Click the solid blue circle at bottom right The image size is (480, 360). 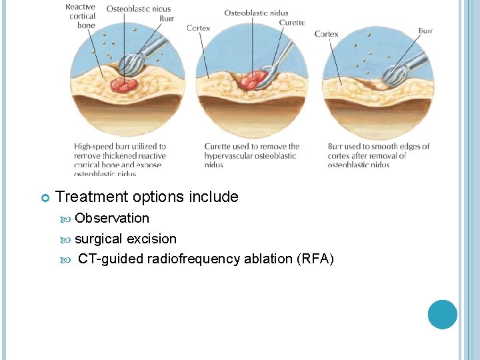pyautogui.click(x=443, y=314)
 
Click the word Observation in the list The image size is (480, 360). pyautogui.click(x=112, y=218)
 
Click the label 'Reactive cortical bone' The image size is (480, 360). pyautogui.click(x=81, y=16)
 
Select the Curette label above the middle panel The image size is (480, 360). pyautogui.click(x=291, y=23)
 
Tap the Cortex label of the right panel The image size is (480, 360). pyautogui.click(x=326, y=34)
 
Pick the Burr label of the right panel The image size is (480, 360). pyautogui.click(x=425, y=31)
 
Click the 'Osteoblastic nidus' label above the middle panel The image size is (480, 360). pyautogui.click(x=256, y=13)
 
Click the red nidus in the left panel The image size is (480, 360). pyautogui.click(x=123, y=84)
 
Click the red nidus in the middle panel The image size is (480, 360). pyautogui.click(x=251, y=80)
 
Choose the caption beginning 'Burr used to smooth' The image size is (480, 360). pyautogui.click(x=378, y=155)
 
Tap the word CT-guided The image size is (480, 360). pyautogui.click(x=111, y=259)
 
